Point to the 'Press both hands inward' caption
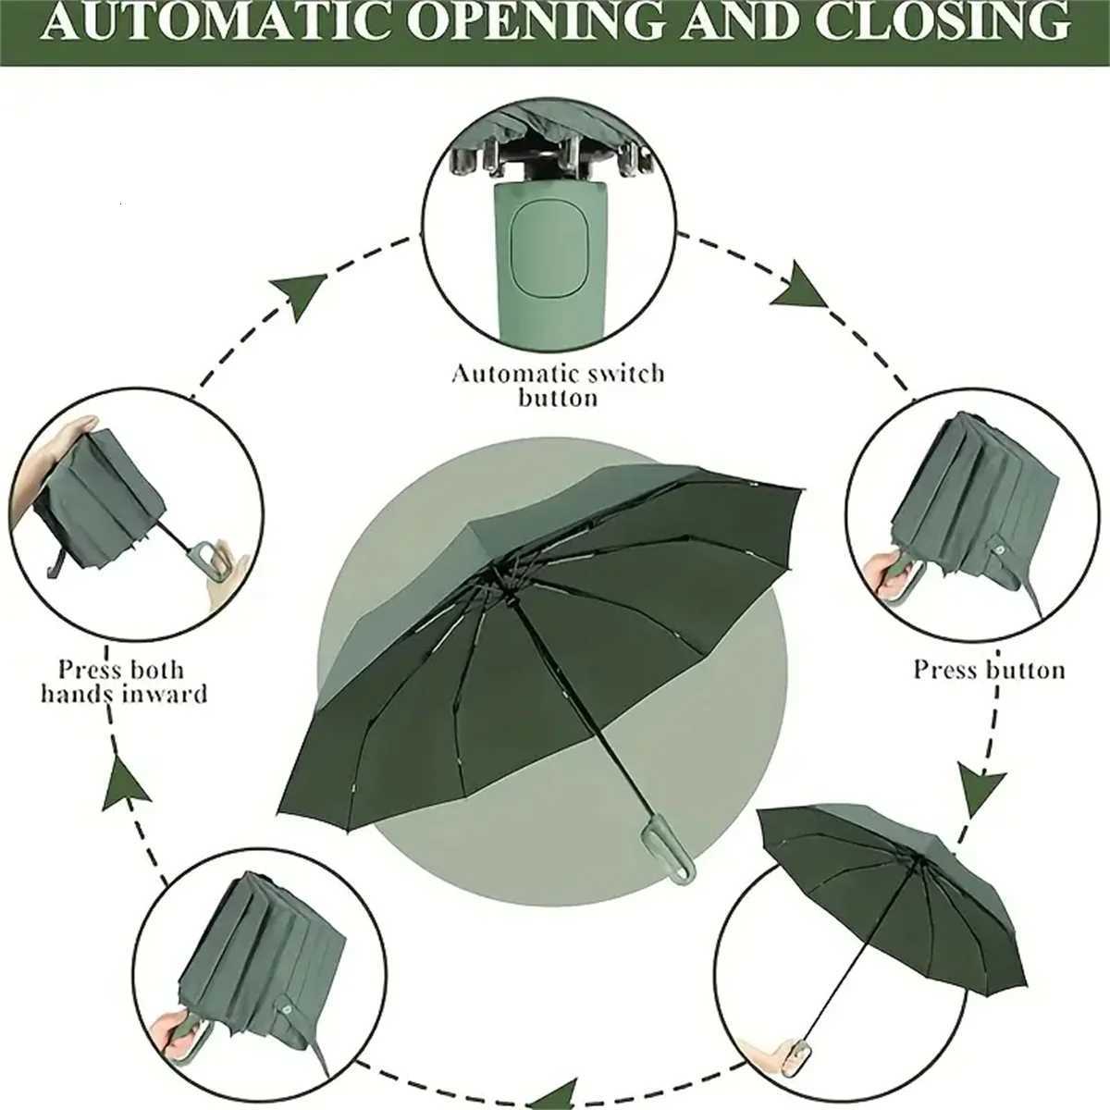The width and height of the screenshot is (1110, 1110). coord(123,681)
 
